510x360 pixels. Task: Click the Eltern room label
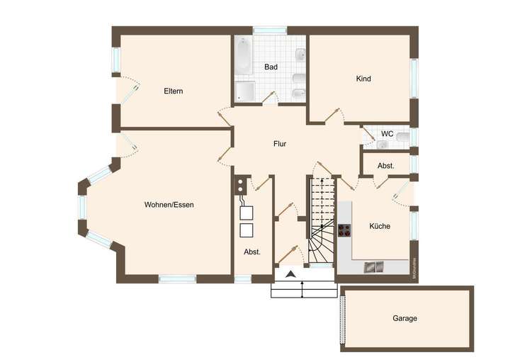pos(174,91)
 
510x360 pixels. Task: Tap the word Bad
pos(271,67)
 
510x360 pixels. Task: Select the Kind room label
pos(363,79)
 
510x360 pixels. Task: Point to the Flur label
pos(280,144)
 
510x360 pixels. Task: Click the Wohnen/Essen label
pos(169,205)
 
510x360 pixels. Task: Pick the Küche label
pos(380,226)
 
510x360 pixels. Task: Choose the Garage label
pos(405,318)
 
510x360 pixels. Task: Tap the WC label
pos(387,133)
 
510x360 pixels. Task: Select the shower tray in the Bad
pos(245,91)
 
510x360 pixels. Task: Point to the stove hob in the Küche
pos(344,229)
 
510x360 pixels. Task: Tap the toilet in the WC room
pos(402,136)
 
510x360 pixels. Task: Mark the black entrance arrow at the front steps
pos(290,274)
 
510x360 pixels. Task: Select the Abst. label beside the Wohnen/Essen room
pos(252,252)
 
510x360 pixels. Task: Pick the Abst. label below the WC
pos(386,166)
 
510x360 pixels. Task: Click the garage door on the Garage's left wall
pos(344,318)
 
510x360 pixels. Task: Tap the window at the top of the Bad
pos(270,30)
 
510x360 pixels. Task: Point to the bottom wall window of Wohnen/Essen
pos(177,279)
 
